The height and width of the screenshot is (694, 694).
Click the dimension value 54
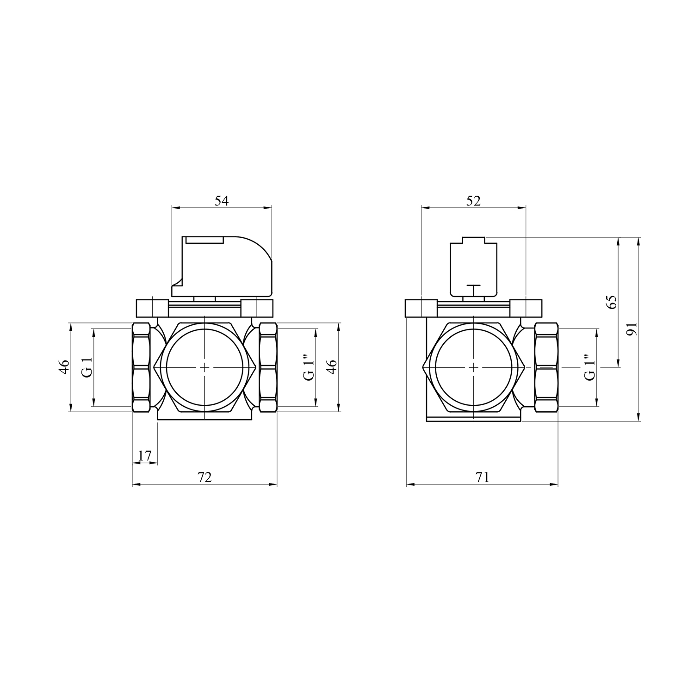click(x=222, y=201)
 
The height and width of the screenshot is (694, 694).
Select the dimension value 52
click(x=474, y=201)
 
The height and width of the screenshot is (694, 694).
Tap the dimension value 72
click(x=204, y=477)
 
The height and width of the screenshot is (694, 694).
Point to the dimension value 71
click(x=482, y=477)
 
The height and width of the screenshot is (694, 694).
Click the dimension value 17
click(x=145, y=456)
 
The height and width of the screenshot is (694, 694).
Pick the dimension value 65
click(x=612, y=302)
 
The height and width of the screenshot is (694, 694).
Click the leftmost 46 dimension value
click(x=64, y=366)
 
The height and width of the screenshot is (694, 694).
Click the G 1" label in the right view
click(x=589, y=367)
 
